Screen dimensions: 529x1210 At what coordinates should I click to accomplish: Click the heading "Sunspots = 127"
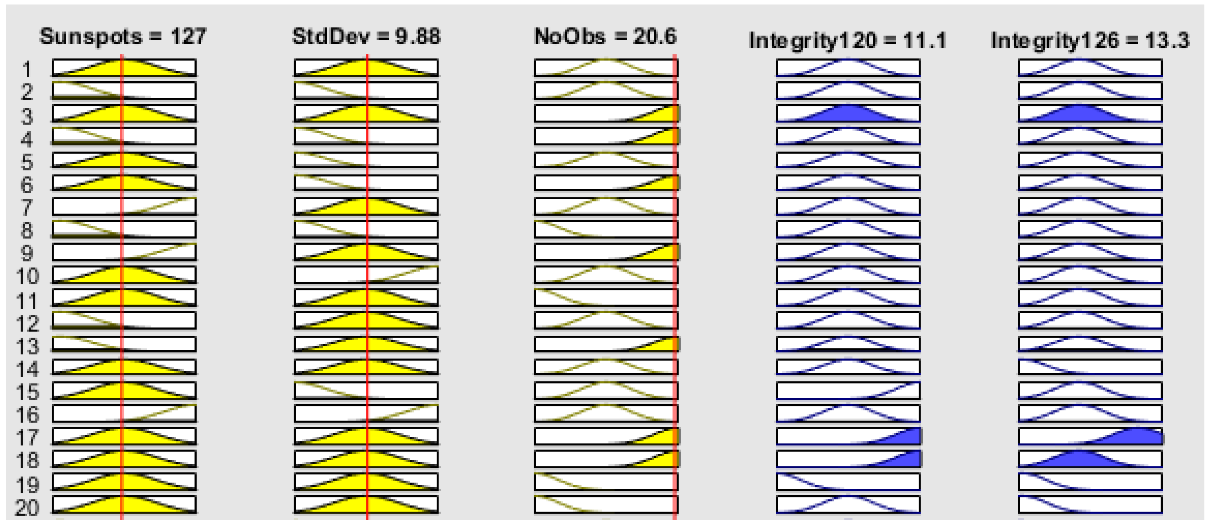tap(123, 37)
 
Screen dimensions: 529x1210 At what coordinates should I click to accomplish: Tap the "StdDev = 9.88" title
tap(366, 37)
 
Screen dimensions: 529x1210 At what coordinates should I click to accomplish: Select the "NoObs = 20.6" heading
tap(606, 37)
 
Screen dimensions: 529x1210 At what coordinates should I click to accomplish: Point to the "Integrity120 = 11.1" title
tap(847, 40)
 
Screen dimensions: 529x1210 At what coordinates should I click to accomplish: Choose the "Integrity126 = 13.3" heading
tap(1090, 40)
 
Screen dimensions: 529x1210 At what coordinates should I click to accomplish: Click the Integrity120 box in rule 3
tap(848, 114)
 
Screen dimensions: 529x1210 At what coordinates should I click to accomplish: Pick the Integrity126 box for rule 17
tap(1090, 436)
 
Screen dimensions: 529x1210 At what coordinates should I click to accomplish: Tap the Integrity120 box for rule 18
tap(848, 459)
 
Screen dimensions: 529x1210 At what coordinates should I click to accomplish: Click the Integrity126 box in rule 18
tap(1090, 459)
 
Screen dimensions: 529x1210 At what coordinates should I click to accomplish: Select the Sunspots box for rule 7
tap(124, 206)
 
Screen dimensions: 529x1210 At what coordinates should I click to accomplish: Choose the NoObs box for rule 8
tap(606, 229)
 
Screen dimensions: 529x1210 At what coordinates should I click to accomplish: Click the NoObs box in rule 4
tap(606, 136)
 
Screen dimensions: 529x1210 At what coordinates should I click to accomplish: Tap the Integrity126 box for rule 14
tap(1090, 367)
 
